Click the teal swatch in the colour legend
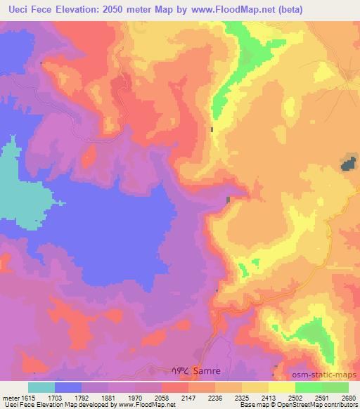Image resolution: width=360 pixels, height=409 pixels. (x=41, y=387)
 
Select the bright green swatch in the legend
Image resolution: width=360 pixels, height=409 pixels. (x=309, y=387)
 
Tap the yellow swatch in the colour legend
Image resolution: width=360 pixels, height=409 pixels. (x=255, y=387)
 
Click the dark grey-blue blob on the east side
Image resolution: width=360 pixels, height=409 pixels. (x=347, y=164)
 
